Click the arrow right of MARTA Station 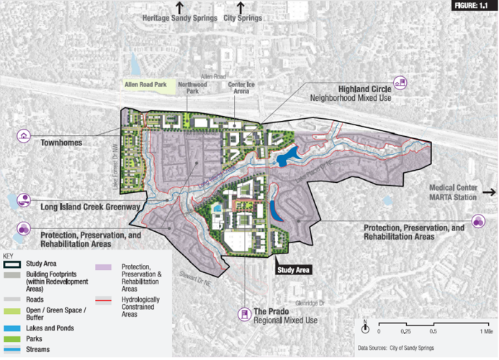pos(488,192)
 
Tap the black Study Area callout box pos(293,270)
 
